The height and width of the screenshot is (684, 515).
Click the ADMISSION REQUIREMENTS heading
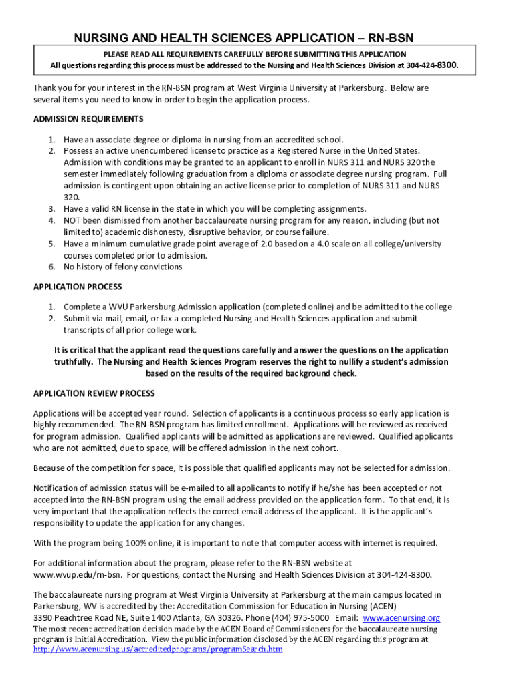point(88,119)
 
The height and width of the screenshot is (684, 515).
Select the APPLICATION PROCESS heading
point(78,287)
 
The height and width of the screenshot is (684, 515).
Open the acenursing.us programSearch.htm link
point(158,649)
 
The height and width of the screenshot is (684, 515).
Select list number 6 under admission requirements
point(51,267)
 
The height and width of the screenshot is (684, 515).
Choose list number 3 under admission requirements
point(51,208)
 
